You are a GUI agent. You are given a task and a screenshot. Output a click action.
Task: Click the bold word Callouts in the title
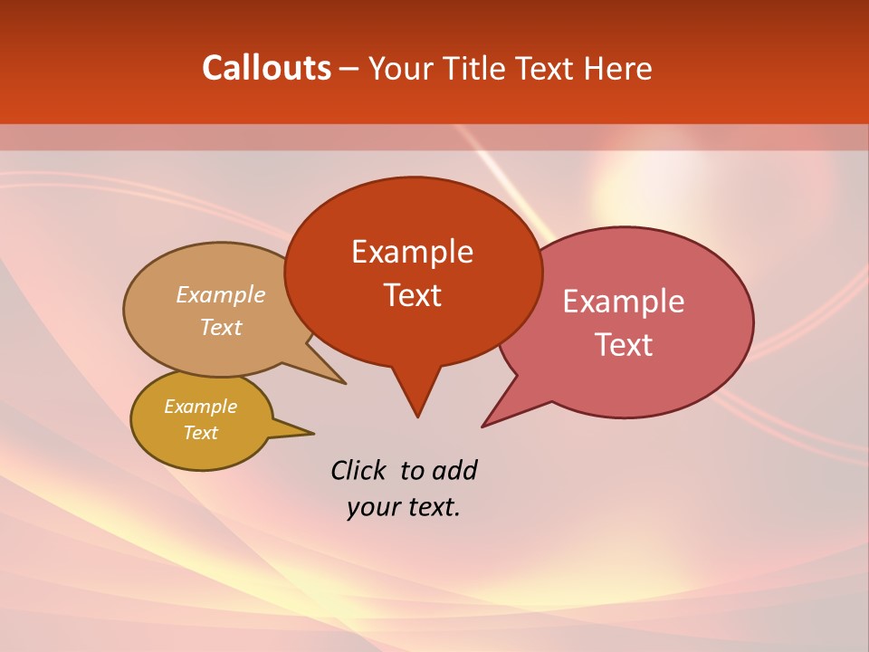click(x=266, y=68)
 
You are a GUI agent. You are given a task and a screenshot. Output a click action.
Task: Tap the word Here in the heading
click(x=617, y=68)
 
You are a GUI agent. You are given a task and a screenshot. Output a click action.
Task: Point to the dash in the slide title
click(x=350, y=69)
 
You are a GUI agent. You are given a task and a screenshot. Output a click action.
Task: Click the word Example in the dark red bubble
click(x=412, y=252)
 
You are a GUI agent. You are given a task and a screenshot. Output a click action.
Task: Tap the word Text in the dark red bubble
click(x=412, y=295)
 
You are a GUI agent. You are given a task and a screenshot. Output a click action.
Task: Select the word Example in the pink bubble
click(x=624, y=302)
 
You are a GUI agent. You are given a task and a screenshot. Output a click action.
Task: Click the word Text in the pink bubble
click(x=624, y=345)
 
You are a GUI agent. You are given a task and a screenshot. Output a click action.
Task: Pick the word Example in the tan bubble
click(x=221, y=295)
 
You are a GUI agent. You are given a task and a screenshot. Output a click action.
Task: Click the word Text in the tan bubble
click(x=221, y=327)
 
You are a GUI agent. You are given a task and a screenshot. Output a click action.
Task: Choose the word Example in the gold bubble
click(x=200, y=407)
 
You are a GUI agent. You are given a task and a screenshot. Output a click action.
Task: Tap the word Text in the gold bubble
click(x=200, y=433)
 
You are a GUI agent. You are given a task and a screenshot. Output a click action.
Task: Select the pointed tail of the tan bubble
click(x=342, y=381)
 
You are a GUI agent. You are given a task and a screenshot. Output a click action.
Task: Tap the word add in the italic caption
click(x=454, y=470)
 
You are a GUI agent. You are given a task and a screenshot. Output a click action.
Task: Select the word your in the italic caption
click(x=372, y=507)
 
